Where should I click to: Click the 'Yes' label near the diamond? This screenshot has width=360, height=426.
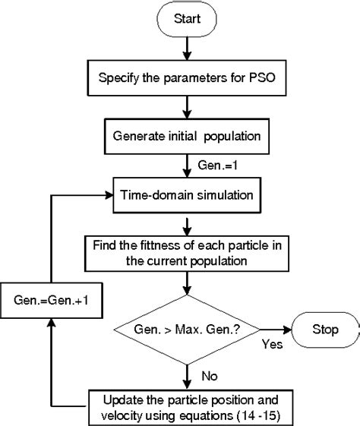pos(272,345)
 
